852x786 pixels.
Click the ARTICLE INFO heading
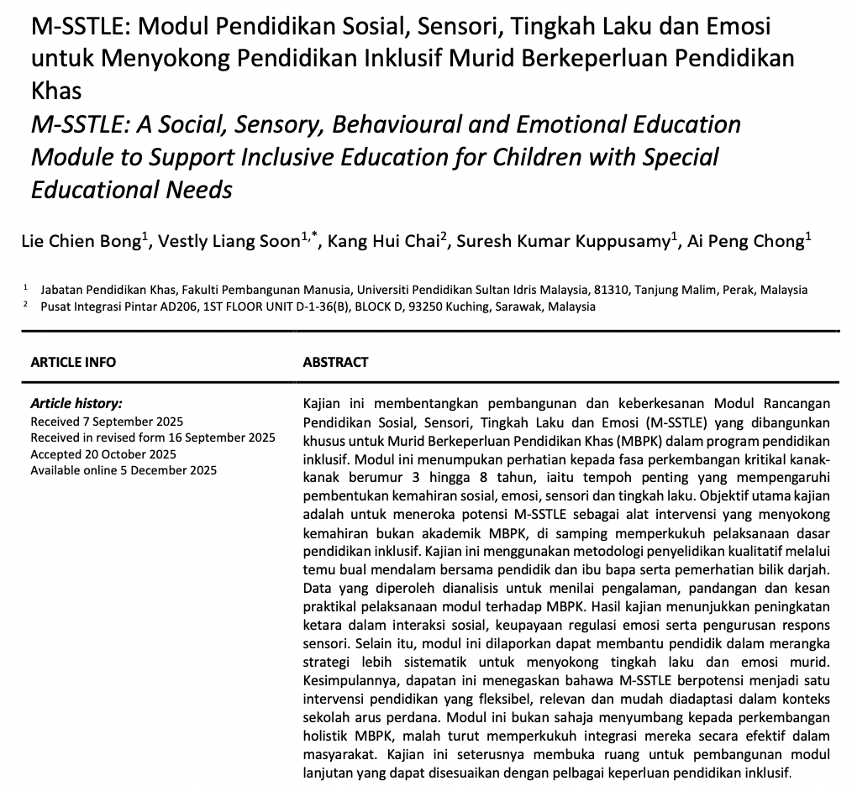coord(73,363)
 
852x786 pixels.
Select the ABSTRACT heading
coord(335,363)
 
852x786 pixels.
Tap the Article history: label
coord(76,404)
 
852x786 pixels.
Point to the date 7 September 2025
coord(131,422)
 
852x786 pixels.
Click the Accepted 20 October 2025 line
coord(103,454)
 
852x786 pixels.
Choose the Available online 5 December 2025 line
coord(124,470)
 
